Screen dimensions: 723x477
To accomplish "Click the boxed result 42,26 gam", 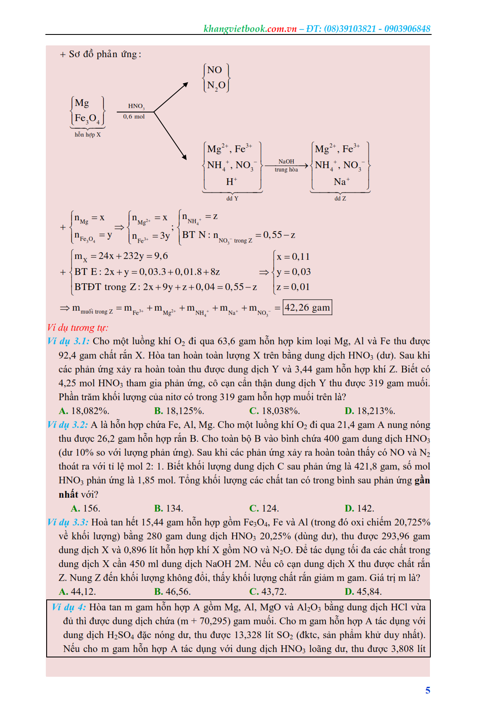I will pyautogui.click(x=307, y=307).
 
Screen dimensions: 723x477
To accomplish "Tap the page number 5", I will pyautogui.click(x=427, y=690).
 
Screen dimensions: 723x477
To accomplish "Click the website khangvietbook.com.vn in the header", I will pyautogui.click(x=250, y=29).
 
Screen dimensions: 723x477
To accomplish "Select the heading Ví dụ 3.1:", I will pyautogui.click(x=69, y=341).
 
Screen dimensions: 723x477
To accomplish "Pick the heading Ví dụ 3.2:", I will pyautogui.click(x=68, y=425).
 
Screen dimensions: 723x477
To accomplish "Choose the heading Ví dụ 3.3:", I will pyautogui.click(x=68, y=522).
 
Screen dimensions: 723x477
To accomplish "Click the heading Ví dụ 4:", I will pyautogui.click(x=69, y=607).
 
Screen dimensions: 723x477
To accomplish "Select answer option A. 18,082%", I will pyautogui.click(x=84, y=411).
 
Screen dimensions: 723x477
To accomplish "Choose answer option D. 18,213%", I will pyautogui.click(x=370, y=411).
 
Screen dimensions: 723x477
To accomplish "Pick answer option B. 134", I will pyautogui.click(x=169, y=508).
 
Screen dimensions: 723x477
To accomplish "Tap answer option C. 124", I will pyautogui.click(x=264, y=508).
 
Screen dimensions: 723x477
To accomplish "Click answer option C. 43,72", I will pyautogui.click(x=268, y=591).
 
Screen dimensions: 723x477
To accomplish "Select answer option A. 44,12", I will pyautogui.click(x=77, y=591).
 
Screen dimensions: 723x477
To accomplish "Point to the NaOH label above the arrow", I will pyautogui.click(x=286, y=161).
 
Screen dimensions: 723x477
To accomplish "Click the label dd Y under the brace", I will pyautogui.click(x=232, y=198).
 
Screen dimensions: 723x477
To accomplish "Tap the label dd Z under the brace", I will pyautogui.click(x=340, y=198).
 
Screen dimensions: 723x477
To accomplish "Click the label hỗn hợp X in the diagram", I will pyautogui.click(x=87, y=135).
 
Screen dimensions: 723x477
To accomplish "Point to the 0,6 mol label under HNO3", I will pyautogui.click(x=134, y=116).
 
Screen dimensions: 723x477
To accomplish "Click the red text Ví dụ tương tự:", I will pyautogui.click(x=77, y=327).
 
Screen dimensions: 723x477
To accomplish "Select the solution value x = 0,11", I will pyautogui.click(x=293, y=256).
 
